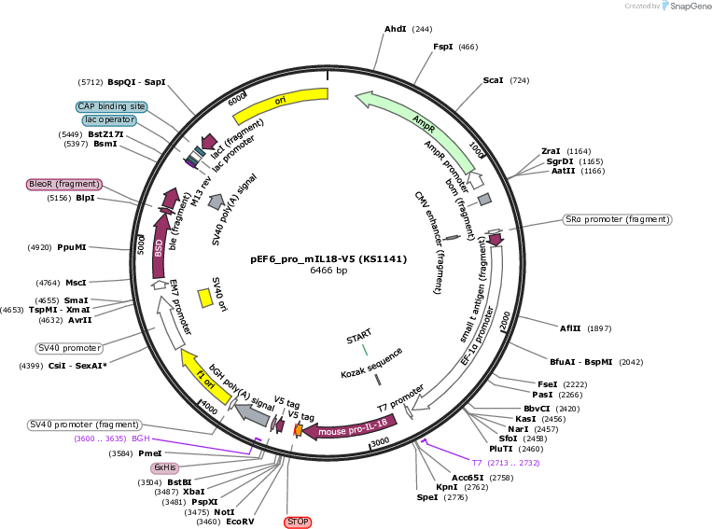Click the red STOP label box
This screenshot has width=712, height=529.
click(x=298, y=522)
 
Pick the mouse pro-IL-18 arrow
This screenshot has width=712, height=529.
click(x=351, y=427)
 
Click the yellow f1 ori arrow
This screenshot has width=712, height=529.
click(x=204, y=377)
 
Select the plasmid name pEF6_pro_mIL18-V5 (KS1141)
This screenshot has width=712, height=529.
click(x=328, y=259)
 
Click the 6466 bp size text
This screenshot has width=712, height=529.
click(x=328, y=271)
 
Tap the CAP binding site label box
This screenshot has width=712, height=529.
click(x=111, y=106)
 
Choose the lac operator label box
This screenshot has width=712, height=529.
click(x=109, y=119)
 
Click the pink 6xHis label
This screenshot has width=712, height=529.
click(x=164, y=467)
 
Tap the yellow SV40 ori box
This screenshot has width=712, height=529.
click(x=205, y=299)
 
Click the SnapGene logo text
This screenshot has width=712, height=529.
click(x=691, y=7)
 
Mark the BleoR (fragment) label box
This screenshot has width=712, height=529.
click(x=64, y=185)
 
